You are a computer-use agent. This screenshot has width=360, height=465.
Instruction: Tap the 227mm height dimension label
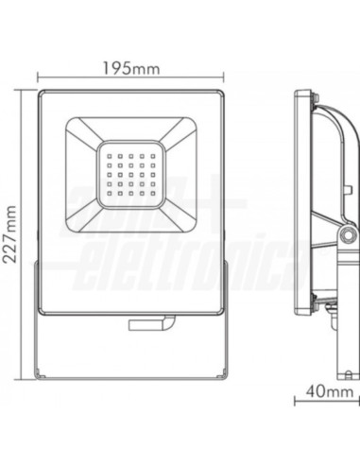click(x=11, y=227)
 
